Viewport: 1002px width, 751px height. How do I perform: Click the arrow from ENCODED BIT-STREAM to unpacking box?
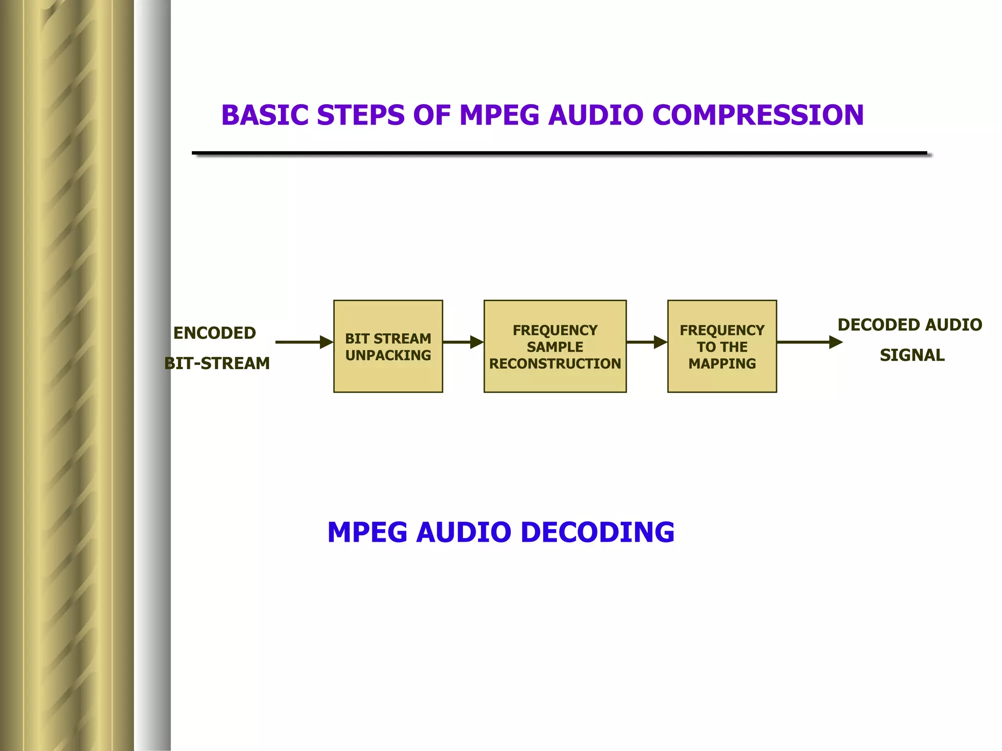pyautogui.click(x=303, y=342)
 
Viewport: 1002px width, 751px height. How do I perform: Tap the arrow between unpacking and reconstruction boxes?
pyautogui.click(x=463, y=342)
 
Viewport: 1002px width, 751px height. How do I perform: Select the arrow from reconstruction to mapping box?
pyautogui.click(x=646, y=342)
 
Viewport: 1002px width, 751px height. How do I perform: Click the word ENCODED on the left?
pyautogui.click(x=214, y=333)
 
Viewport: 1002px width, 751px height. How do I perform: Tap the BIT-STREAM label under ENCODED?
pyautogui.click(x=217, y=363)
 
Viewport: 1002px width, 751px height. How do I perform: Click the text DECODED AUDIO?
pyautogui.click(x=910, y=325)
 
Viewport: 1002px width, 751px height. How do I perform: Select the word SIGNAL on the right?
pyautogui.click(x=912, y=355)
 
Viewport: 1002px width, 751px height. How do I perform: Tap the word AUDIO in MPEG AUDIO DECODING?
pyautogui.click(x=463, y=532)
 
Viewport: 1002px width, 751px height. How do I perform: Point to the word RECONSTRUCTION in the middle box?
pyautogui.click(x=555, y=364)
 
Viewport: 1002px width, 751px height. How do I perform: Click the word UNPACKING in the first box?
pyautogui.click(x=388, y=355)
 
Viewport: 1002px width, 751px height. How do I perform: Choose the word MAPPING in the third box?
pyautogui.click(x=722, y=364)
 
